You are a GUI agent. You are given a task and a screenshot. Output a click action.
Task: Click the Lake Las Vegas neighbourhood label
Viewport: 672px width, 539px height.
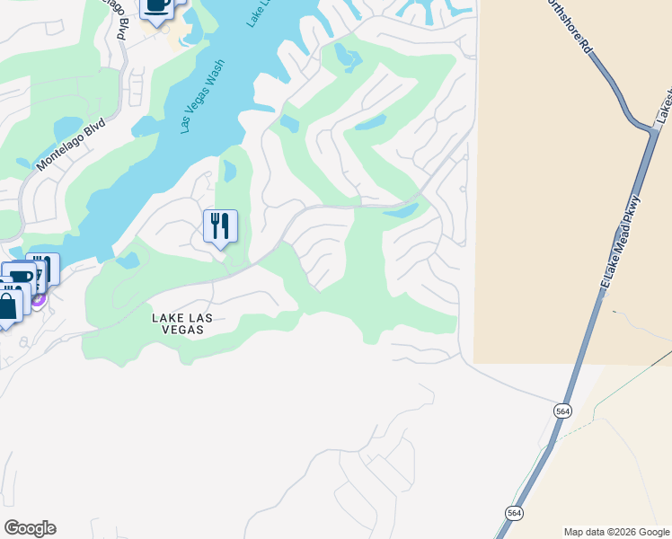click(178, 323)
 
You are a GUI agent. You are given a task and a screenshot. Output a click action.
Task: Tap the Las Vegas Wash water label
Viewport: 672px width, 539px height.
click(202, 97)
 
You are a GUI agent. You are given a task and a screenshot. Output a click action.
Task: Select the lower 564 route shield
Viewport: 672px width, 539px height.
click(513, 513)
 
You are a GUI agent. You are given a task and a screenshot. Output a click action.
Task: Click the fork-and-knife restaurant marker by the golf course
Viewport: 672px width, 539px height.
click(220, 226)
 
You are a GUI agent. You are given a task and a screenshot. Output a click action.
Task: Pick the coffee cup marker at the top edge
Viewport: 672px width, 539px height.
click(157, 7)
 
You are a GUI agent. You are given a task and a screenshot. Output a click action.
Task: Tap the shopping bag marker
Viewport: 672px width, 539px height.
click(7, 306)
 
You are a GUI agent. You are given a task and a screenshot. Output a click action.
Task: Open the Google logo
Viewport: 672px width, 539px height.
click(30, 528)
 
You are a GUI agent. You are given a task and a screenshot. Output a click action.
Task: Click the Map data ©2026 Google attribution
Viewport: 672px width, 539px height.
click(616, 532)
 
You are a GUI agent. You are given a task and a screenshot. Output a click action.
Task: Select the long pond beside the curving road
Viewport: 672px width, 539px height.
click(402, 211)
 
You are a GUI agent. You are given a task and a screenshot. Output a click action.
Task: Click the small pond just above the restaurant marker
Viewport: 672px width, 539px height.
click(229, 170)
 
